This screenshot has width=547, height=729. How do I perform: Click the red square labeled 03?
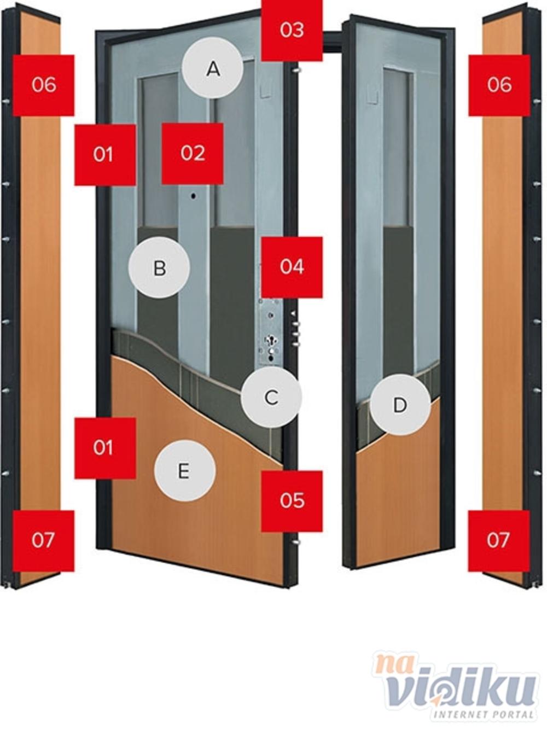pyautogui.click(x=292, y=30)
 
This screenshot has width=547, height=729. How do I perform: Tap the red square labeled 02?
pyautogui.click(x=193, y=153)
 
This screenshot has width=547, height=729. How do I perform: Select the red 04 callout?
pyautogui.click(x=292, y=267)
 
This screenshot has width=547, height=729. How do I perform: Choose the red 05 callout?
pyautogui.click(x=292, y=501)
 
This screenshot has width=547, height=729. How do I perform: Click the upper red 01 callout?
pyautogui.click(x=105, y=155)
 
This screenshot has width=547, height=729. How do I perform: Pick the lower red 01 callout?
pyautogui.click(x=105, y=448)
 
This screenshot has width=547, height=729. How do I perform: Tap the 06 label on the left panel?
pyautogui.click(x=44, y=85)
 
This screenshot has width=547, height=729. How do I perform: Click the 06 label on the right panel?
pyautogui.click(x=499, y=85)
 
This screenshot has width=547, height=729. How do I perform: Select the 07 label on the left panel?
pyautogui.click(x=44, y=541)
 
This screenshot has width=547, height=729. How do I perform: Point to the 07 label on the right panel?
pyautogui.click(x=499, y=541)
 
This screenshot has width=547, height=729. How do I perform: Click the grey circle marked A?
pyautogui.click(x=213, y=68)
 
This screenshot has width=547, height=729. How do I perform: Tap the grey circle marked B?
pyautogui.click(x=159, y=267)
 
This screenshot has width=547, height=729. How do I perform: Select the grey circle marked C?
pyautogui.click(x=271, y=397)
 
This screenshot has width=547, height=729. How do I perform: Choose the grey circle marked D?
pyautogui.click(x=400, y=405)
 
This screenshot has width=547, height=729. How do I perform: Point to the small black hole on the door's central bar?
pyautogui.click(x=193, y=196)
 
